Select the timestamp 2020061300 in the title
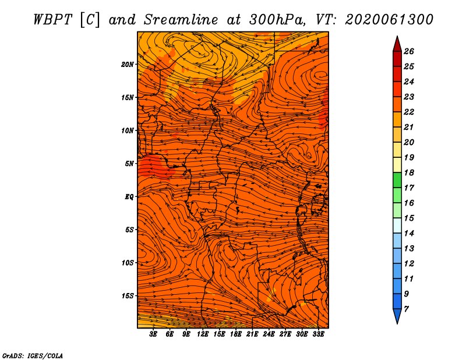[x=389, y=19]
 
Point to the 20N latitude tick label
[x=128, y=64]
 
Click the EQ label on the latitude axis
[x=129, y=197]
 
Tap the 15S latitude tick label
[x=128, y=296]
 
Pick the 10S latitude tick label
[x=128, y=263]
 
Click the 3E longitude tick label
[x=154, y=334]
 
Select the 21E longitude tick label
[x=252, y=334]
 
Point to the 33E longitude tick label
[x=318, y=334]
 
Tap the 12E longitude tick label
[x=203, y=334]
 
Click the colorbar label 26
[x=408, y=51]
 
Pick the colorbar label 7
[x=406, y=309]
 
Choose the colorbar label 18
[x=408, y=172]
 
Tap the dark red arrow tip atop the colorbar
[x=397, y=44]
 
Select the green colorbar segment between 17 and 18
[x=397, y=180]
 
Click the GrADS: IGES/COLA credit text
[x=32, y=355]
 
